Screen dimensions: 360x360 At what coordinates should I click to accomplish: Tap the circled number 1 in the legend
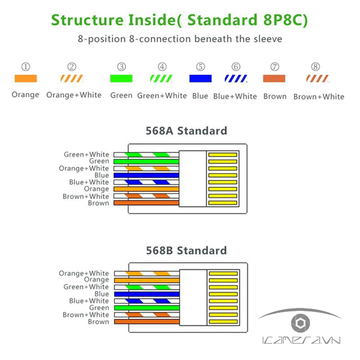click(x=25, y=67)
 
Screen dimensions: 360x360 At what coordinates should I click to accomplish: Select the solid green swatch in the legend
click(x=122, y=79)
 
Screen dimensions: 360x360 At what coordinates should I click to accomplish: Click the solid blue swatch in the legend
click(x=200, y=79)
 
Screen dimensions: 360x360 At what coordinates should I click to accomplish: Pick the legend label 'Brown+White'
click(x=319, y=96)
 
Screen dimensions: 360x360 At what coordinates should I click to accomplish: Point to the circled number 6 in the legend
click(x=236, y=67)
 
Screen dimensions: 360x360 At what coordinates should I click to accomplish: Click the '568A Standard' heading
click(x=187, y=130)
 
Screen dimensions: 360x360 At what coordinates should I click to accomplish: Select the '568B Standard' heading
click(x=187, y=250)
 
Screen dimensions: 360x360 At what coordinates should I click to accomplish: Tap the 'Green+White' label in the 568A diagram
click(x=87, y=155)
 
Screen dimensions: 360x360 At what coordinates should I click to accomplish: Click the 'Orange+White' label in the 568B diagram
click(x=84, y=274)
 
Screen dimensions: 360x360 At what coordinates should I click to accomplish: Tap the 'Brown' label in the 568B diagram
click(x=98, y=322)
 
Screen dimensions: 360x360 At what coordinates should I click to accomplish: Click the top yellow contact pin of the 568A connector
click(x=222, y=155)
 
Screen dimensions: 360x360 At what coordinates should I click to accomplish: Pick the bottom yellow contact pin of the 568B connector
click(x=222, y=322)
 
